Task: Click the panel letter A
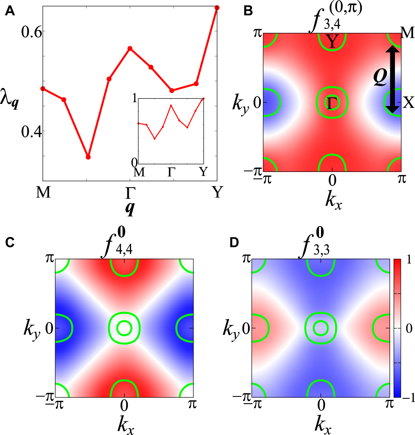(10, 11)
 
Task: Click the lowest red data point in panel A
(88, 157)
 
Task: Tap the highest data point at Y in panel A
(217, 8)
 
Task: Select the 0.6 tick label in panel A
(31, 32)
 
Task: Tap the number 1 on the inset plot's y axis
(134, 99)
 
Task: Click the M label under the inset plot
(139, 172)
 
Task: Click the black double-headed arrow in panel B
(393, 79)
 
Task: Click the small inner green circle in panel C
(124, 328)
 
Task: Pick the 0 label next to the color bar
(409, 329)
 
